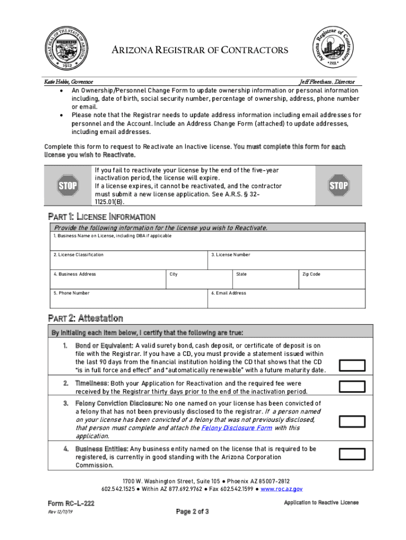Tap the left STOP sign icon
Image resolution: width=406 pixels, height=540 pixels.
[67, 185]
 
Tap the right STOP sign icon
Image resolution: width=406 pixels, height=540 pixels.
[339, 185]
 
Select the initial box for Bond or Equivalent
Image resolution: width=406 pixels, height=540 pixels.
[352, 365]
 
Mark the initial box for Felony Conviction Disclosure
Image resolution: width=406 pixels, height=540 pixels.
[352, 421]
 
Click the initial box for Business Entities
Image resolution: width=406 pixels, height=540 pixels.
[352, 455]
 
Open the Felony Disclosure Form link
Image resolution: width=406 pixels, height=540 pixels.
[237, 428]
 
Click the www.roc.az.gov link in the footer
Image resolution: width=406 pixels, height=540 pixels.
[282, 489]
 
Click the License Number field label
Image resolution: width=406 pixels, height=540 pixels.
[230, 255]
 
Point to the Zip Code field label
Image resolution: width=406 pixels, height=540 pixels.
[311, 274]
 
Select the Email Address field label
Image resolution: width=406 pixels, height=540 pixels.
[228, 293]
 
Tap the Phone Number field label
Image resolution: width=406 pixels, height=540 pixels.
[71, 293]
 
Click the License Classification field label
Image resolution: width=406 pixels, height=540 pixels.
[78, 255]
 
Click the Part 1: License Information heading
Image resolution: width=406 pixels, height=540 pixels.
[101, 217]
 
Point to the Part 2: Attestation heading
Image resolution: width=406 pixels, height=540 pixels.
[85, 318]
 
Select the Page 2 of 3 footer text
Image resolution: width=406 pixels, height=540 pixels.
[192, 512]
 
